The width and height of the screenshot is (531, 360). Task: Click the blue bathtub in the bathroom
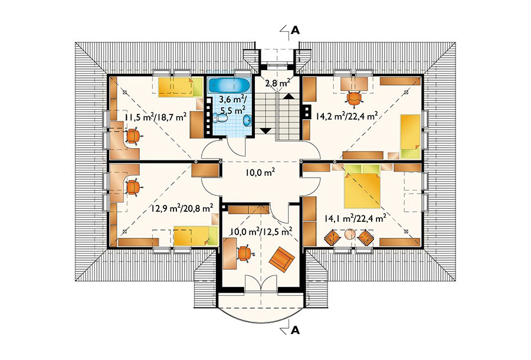coord(230,85)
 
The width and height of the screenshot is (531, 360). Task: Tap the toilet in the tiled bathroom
coord(221,118)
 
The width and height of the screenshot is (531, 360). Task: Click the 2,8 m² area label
coord(277,82)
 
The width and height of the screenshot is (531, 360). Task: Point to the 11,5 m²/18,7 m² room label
coord(156,117)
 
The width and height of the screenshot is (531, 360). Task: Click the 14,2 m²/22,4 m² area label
coord(347,116)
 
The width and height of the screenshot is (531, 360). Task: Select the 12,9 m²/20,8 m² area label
coord(182,207)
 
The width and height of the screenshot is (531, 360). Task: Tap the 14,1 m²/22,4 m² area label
coord(355,219)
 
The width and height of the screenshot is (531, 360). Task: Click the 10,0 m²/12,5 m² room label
coord(261,232)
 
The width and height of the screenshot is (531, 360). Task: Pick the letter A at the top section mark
coord(296,31)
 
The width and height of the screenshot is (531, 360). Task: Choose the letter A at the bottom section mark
coord(296,329)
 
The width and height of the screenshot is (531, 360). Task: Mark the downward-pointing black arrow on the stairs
coord(266,131)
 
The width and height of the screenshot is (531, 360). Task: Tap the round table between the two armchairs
coord(349,234)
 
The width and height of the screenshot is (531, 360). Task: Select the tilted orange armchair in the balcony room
coord(282,260)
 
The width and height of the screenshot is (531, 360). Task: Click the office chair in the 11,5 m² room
coord(132,136)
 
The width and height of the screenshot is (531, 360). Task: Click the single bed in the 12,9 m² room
coord(196,235)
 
